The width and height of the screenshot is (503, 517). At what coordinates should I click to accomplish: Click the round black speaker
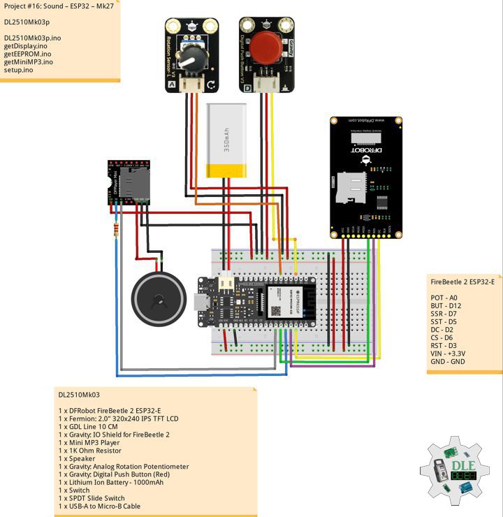tap(159, 299)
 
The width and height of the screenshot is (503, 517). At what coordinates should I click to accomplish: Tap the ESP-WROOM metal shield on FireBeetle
tap(280, 302)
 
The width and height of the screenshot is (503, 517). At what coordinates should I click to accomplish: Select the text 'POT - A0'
tap(444, 298)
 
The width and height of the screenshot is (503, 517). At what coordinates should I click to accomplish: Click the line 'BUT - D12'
tap(446, 307)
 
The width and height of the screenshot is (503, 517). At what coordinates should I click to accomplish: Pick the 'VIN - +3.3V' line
tap(449, 353)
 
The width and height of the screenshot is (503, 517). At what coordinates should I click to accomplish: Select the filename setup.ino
tap(19, 70)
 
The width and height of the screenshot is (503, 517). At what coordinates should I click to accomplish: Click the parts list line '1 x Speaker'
tap(77, 459)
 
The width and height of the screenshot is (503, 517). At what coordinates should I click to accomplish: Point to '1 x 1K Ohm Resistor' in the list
tap(93, 451)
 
